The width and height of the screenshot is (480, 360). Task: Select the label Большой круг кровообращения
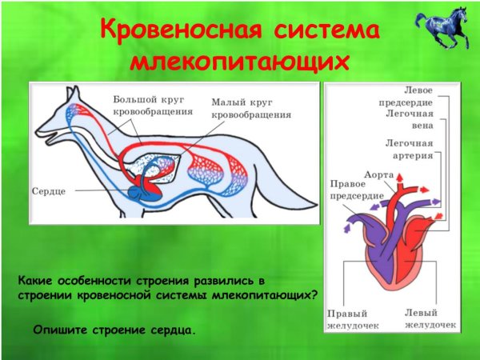tap(152, 106)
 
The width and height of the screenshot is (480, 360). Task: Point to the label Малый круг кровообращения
tap(250, 108)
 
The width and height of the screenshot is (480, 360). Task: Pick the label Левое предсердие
tap(406, 96)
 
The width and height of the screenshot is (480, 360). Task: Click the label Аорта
tap(378, 174)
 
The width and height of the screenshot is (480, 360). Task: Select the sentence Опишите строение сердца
tap(114, 329)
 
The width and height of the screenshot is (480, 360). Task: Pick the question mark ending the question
tap(314, 295)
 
